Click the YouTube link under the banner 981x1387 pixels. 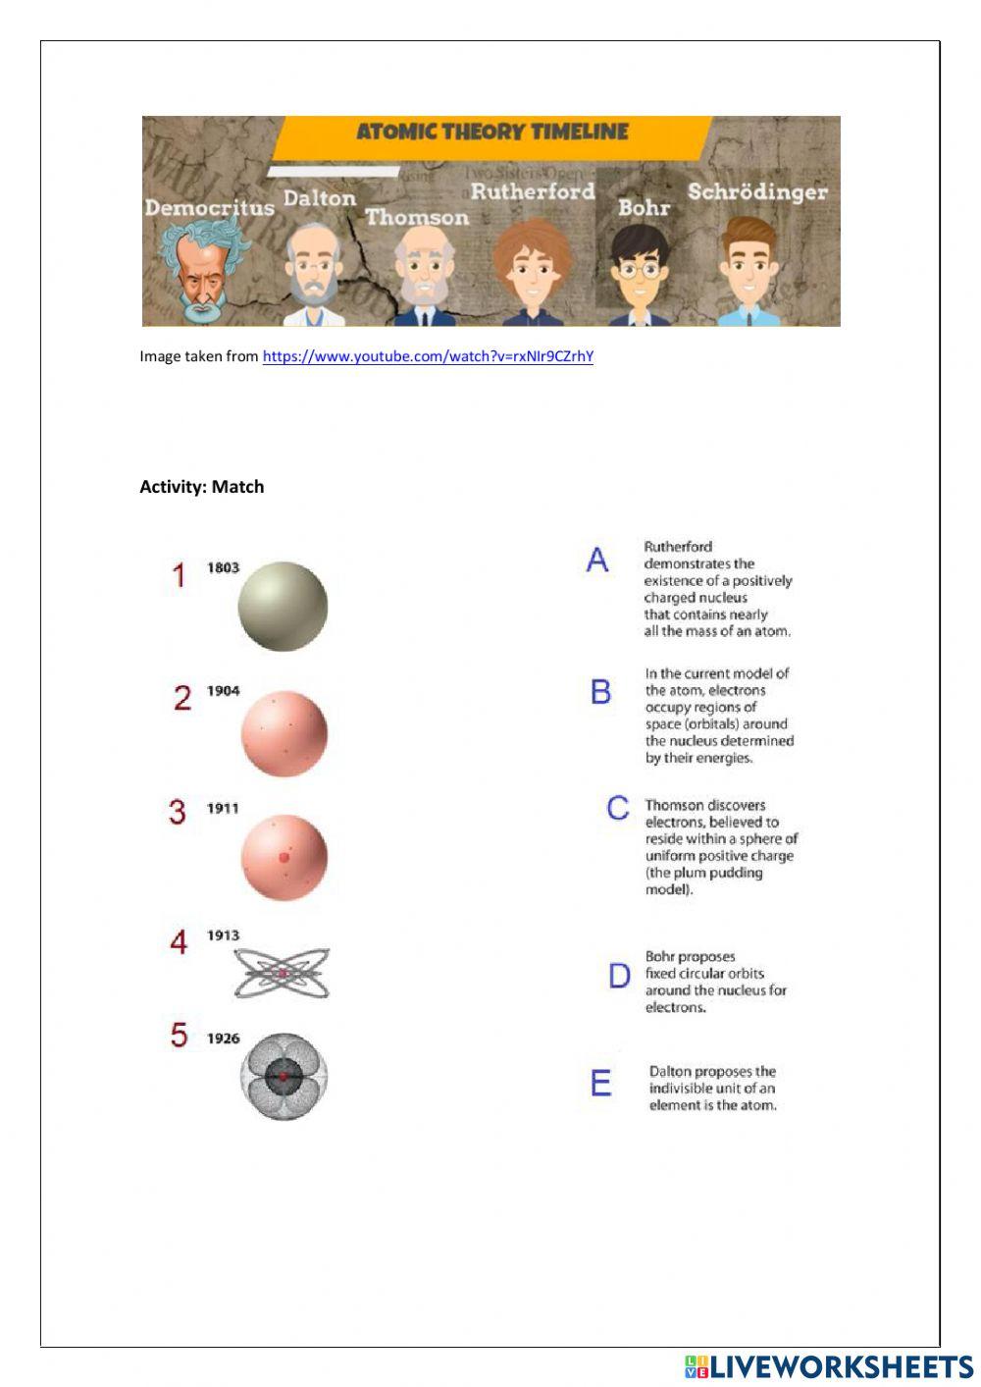[x=428, y=356]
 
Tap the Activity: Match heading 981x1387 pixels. [x=201, y=487]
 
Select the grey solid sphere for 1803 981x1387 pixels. [x=283, y=607]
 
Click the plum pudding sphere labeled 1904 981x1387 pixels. [x=284, y=734]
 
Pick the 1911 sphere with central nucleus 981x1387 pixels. [x=284, y=857]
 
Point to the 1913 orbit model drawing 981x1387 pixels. [x=282, y=974]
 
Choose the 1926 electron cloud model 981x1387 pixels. [x=284, y=1076]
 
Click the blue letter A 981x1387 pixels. [x=597, y=560]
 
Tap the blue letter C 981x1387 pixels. [x=618, y=808]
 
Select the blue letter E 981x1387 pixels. [x=600, y=1084]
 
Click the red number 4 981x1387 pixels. [x=179, y=942]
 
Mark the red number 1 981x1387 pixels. [x=179, y=575]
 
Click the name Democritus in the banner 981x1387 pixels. [x=209, y=208]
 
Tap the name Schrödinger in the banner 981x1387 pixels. [x=756, y=192]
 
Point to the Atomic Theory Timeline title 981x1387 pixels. [x=491, y=133]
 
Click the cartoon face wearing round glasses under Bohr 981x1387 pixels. [x=640, y=270]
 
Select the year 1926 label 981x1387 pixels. [x=223, y=1039]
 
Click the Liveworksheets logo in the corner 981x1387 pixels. [x=828, y=1366]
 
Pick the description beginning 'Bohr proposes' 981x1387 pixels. [x=715, y=982]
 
